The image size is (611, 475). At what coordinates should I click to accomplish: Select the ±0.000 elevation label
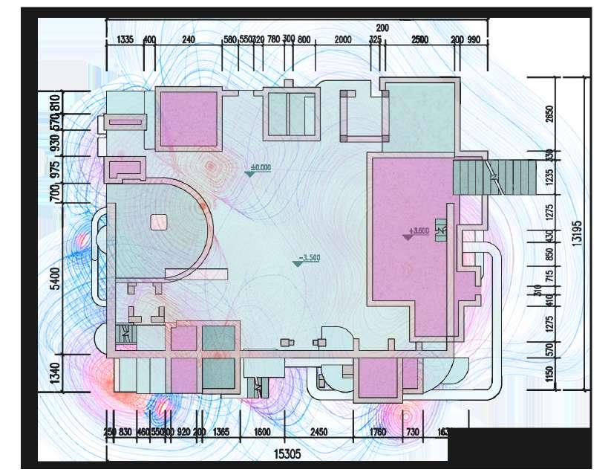click(x=261, y=168)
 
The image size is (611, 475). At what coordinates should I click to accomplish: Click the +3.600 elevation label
click(x=419, y=231)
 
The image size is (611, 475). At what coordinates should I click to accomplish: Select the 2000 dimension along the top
click(x=343, y=39)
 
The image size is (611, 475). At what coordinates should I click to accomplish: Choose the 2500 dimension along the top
click(x=419, y=39)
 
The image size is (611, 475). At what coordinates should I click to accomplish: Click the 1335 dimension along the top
click(x=125, y=39)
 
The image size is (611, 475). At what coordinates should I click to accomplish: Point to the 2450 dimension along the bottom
click(x=318, y=431)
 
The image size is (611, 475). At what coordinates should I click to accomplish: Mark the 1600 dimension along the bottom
click(x=261, y=431)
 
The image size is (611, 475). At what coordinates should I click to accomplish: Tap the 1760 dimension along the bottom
click(x=378, y=431)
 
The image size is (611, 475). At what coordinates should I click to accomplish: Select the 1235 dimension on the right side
click(x=549, y=181)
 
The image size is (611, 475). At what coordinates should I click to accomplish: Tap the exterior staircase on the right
click(x=475, y=178)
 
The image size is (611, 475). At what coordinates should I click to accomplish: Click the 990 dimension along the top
click(x=475, y=39)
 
